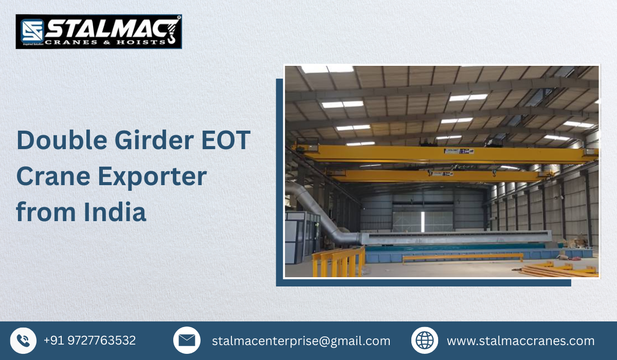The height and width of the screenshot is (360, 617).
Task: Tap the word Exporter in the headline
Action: (152, 176)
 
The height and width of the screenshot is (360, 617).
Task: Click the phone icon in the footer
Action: (23, 340)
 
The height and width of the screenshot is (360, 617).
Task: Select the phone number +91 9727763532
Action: (89, 340)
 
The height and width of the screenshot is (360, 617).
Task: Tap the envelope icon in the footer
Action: (187, 340)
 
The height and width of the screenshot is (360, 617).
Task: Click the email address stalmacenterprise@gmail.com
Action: (301, 341)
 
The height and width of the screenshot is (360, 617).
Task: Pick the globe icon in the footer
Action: (425, 340)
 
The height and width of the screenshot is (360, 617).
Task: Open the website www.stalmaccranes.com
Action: (520, 341)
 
